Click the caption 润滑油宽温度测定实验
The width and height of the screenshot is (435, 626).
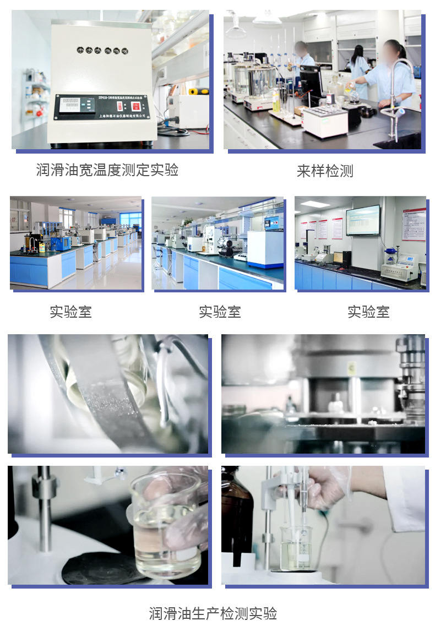[107, 170]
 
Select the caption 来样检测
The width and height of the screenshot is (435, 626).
[325, 171]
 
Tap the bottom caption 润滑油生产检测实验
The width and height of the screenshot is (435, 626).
[213, 613]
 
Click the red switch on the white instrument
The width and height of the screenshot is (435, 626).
[136, 106]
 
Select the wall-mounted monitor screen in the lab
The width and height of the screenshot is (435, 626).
[363, 220]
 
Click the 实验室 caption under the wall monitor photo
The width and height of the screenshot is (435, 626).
[368, 312]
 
